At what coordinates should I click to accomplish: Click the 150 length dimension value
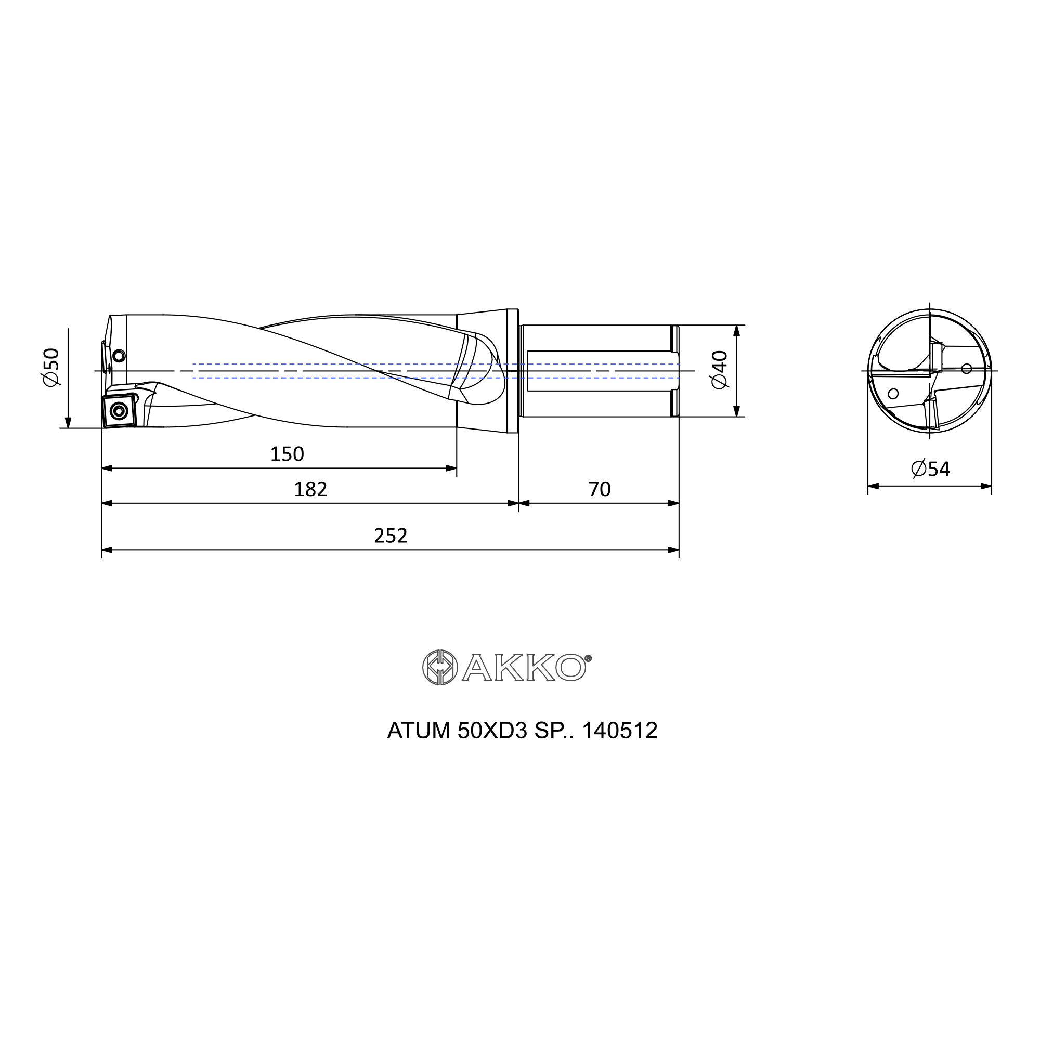pos(287,454)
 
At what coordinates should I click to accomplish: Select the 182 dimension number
pos(310,489)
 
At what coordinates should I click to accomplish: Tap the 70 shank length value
pos(599,489)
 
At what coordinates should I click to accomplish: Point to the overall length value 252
pos(391,536)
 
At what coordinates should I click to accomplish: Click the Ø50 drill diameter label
pos(51,367)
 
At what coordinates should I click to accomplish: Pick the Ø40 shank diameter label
pos(719,369)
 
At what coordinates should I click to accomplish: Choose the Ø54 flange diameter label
pos(930,469)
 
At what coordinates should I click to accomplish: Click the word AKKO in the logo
pos(524,668)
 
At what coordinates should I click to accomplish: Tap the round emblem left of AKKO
pos(440,668)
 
